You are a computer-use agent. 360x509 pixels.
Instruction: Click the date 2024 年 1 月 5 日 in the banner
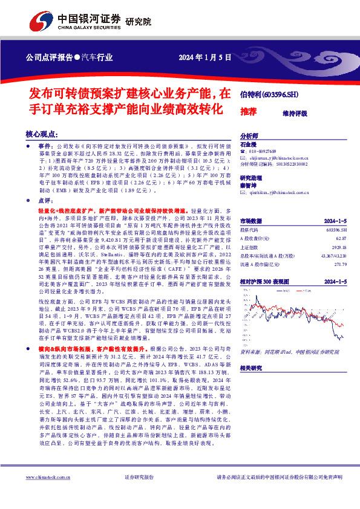pyautogui.click(x=206, y=58)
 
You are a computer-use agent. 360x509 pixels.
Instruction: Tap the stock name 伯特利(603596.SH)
pyautogui.click(x=269, y=95)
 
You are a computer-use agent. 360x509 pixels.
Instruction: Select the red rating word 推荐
pyautogui.click(x=248, y=112)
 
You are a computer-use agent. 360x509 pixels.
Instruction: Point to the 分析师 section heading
pyautogui.click(x=249, y=137)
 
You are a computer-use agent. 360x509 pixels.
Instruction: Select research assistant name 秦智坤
pyautogui.click(x=249, y=186)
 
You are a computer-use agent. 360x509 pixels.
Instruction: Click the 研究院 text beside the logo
pyautogui.click(x=138, y=22)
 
